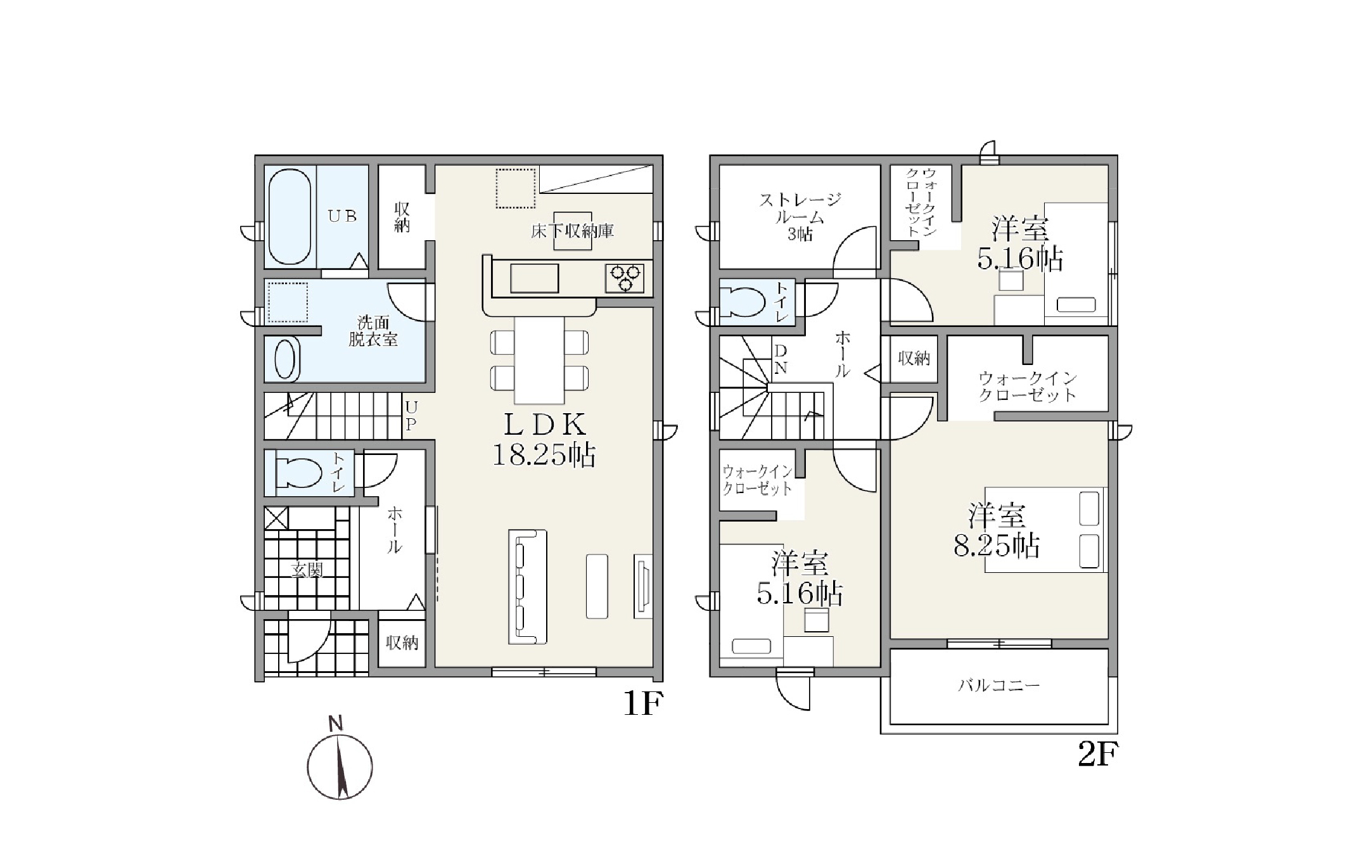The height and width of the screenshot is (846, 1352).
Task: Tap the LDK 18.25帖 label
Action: [544, 440]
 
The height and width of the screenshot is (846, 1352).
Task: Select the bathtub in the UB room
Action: [290, 216]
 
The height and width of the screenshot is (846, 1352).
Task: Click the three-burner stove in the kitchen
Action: [625, 278]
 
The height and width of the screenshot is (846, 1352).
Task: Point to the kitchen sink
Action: [534, 278]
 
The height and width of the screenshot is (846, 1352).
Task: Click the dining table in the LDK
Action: [539, 360]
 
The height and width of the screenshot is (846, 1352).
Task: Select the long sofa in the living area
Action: [527, 587]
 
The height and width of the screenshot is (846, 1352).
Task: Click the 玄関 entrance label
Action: [307, 570]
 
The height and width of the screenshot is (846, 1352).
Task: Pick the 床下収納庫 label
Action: [572, 231]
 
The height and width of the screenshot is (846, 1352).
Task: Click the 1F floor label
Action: [643, 704]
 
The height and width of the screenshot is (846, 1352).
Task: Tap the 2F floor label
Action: [1098, 754]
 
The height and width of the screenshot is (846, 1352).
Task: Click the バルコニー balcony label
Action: [999, 686]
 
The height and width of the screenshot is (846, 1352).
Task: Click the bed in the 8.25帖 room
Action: [1046, 530]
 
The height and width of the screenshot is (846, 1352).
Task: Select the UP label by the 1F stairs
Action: [411, 416]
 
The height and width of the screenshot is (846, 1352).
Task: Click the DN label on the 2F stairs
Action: [781, 359]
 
